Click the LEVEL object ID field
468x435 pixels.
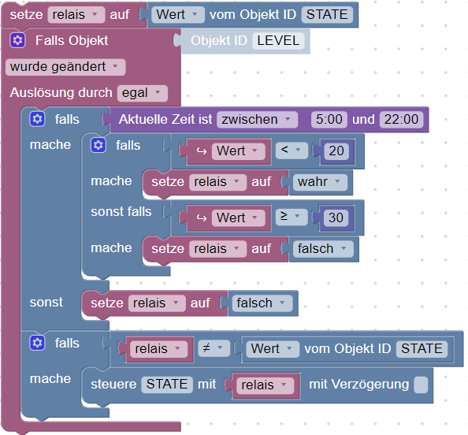tap(278, 41)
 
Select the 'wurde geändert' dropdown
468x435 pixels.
tap(65, 67)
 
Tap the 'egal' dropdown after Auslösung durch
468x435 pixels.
tap(143, 93)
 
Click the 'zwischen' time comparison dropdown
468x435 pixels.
tap(257, 120)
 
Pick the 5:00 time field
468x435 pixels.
tap(329, 120)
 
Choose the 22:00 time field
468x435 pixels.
tap(402, 120)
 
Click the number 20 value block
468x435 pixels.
tap(336, 151)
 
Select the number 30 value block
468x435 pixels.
tap(336, 218)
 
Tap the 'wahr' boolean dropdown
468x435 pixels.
tap(320, 182)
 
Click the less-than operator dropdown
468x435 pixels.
tap(292, 151)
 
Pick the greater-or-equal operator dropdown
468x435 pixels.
tap(292, 217)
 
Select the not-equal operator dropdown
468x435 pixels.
tap(214, 348)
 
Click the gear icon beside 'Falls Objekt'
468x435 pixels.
tap(17, 40)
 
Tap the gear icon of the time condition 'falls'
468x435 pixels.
tap(37, 119)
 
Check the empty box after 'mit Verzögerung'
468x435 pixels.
tap(421, 385)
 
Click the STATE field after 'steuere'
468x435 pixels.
tap(167, 385)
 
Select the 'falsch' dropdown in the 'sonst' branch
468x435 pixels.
tap(262, 303)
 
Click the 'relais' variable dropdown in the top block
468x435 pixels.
tap(76, 15)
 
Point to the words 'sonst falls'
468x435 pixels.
tap(121, 212)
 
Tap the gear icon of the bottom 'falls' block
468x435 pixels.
tap(37, 343)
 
